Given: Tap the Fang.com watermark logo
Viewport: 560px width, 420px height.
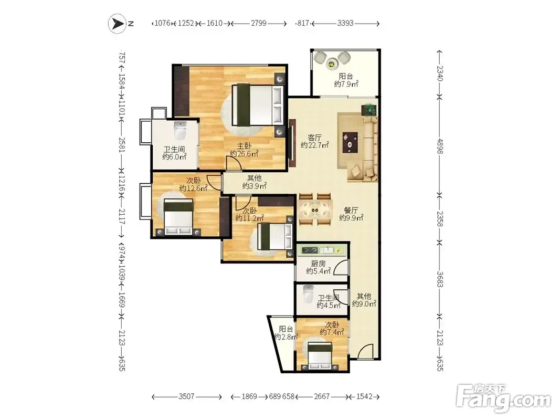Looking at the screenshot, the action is coord(504,397).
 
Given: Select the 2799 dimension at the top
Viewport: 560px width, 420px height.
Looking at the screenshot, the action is coord(259,23).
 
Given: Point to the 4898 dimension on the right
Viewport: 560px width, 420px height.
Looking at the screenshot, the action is coord(440,146).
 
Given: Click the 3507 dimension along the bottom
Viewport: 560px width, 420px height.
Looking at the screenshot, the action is coord(186,396).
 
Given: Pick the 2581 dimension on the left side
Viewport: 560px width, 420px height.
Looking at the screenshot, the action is coord(122,145).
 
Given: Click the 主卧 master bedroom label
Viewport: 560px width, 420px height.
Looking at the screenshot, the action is coord(245,146).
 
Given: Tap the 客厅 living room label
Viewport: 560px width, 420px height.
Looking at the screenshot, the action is coord(315,138).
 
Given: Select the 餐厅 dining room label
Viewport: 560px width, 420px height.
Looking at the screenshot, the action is coord(351,210).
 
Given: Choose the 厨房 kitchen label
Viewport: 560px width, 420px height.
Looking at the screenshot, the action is coord(318,264).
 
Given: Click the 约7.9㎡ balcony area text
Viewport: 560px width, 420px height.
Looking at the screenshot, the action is coord(346,84).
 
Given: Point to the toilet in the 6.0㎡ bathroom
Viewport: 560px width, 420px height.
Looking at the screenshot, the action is coord(181,130).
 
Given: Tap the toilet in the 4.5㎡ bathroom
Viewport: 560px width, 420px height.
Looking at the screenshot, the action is coord(308,293).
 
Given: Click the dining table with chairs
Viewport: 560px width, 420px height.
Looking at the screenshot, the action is coord(315,209).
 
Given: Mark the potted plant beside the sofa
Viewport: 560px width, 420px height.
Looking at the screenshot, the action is coord(369,110).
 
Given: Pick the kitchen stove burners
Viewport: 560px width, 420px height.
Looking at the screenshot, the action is coord(310,250).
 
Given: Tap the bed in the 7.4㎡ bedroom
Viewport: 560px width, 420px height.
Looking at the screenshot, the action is coord(320,356).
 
